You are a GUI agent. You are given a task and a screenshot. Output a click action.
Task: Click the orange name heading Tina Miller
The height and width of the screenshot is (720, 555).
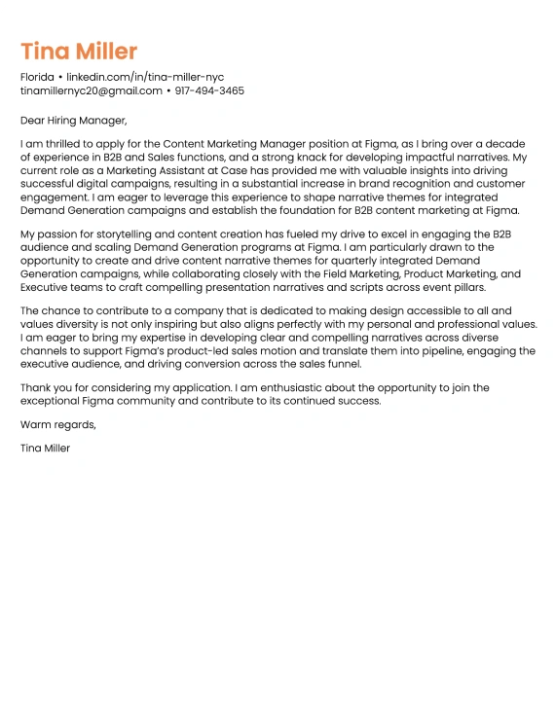pyautogui.click(x=79, y=51)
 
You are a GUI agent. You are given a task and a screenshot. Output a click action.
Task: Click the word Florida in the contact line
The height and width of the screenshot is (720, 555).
pyautogui.click(x=37, y=76)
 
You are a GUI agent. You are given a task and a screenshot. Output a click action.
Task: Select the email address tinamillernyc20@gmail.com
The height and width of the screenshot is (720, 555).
pyautogui.click(x=92, y=90)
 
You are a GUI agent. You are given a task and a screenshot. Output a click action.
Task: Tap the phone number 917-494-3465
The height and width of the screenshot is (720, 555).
pyautogui.click(x=209, y=90)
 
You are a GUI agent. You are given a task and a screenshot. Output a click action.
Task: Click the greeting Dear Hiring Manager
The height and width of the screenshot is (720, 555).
pyautogui.click(x=74, y=121)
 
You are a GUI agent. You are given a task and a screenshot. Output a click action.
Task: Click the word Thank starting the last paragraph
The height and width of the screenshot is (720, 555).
pyautogui.click(x=36, y=387)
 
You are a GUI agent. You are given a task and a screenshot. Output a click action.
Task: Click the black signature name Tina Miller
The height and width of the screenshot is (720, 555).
pyautogui.click(x=45, y=449)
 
